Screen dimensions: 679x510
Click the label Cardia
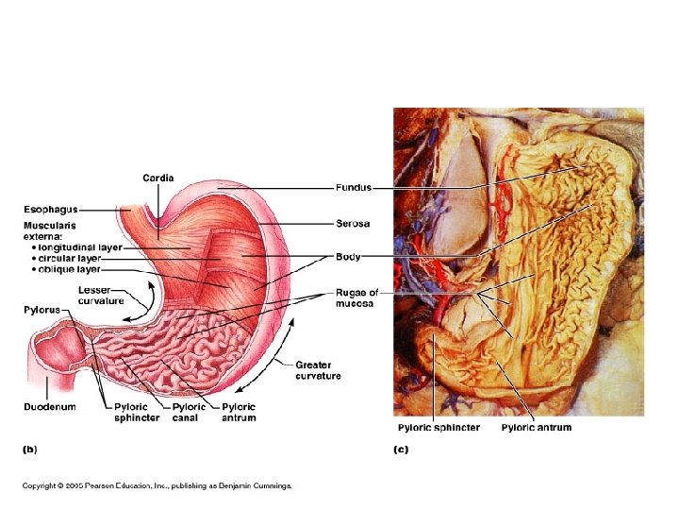coord(157,178)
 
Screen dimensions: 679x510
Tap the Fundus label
coord(354,187)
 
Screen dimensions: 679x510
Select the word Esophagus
coord(51,209)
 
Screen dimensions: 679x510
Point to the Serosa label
coord(353,224)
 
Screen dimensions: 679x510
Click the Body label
coord(348,256)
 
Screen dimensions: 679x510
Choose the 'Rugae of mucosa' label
coord(356,298)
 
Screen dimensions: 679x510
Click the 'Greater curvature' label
coord(318,370)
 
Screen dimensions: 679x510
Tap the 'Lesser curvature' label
coord(101,296)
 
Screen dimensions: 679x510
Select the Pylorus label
coord(42,310)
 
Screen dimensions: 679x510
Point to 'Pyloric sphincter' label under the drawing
coord(137,412)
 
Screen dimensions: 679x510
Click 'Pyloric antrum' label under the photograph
coord(536,428)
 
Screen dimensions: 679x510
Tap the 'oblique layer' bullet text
coord(67,269)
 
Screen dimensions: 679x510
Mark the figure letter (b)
coord(30,450)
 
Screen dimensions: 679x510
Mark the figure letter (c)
coord(401,450)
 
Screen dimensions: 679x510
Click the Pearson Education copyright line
coord(157,486)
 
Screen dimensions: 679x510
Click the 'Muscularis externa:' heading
coord(51,230)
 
